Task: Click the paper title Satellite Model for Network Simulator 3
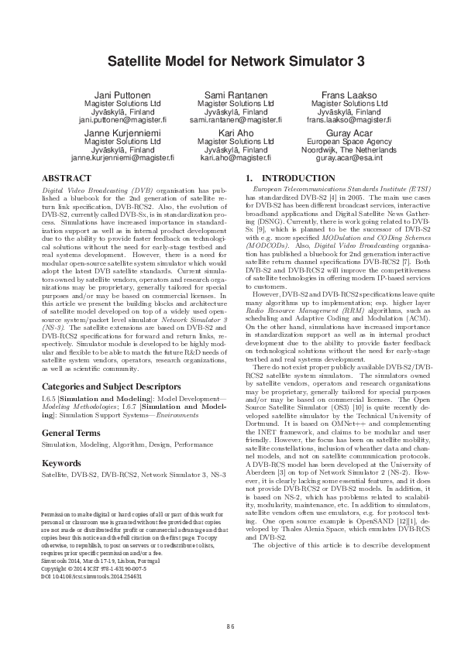[230, 60]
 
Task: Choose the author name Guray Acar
[348, 134]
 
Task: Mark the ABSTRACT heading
[65, 177]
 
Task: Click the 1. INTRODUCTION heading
[289, 177]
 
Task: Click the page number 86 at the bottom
[230, 626]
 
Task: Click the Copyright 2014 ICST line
[95, 571]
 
